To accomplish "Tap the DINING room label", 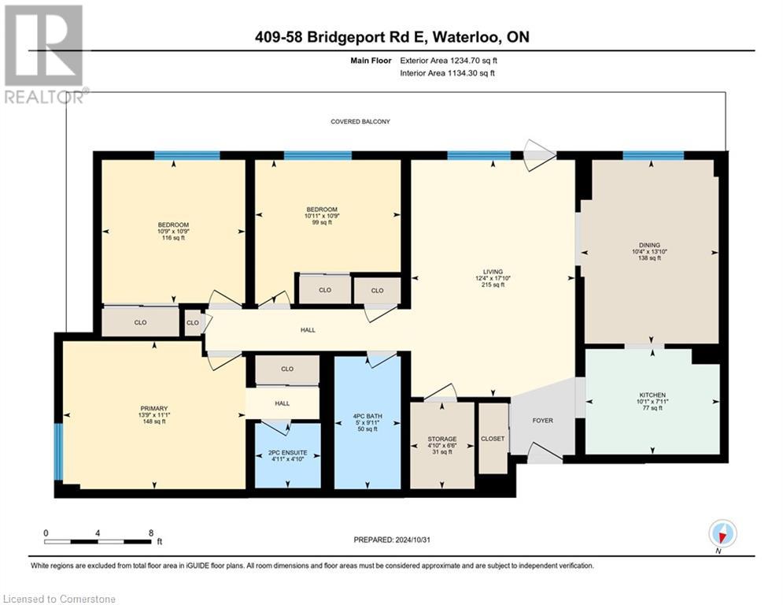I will pyautogui.click(x=649, y=245).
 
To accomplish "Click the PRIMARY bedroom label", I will pyautogui.click(x=154, y=408).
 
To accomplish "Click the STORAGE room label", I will pyautogui.click(x=442, y=439).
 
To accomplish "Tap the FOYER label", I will pyautogui.click(x=542, y=421).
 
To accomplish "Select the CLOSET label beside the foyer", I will pyautogui.click(x=493, y=439).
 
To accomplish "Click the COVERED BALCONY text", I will pyautogui.click(x=360, y=121).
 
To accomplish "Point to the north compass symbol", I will pyautogui.click(x=722, y=534).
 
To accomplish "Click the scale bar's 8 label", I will pyautogui.click(x=150, y=533).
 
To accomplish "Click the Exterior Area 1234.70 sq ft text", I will pyautogui.click(x=449, y=60).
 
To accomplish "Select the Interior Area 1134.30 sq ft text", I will pyautogui.click(x=449, y=73).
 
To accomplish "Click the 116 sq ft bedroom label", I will pyautogui.click(x=173, y=238).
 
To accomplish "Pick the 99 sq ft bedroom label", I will pyautogui.click(x=323, y=222).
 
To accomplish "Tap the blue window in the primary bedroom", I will pyautogui.click(x=57, y=452).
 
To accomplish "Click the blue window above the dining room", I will pyautogui.click(x=652, y=156).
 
